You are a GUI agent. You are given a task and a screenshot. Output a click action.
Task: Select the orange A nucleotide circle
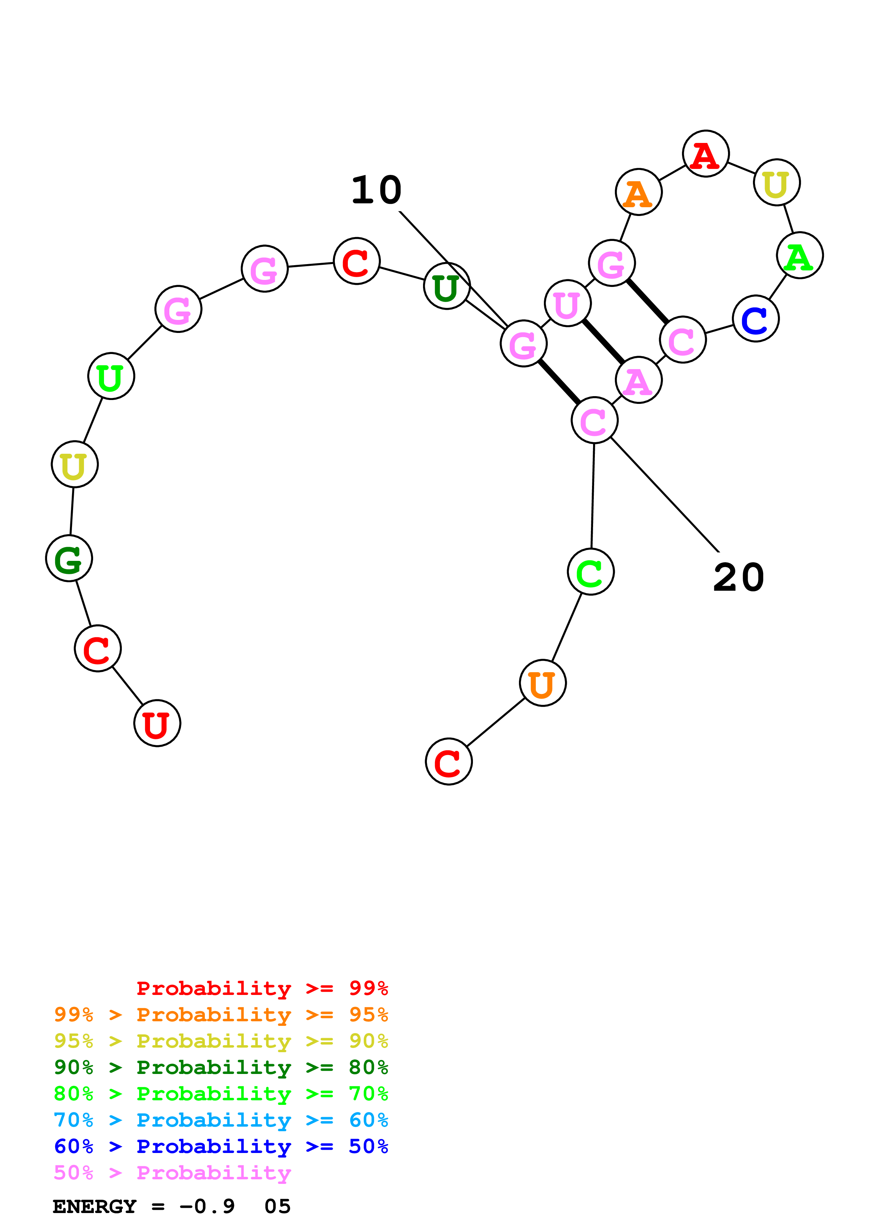tap(638, 192)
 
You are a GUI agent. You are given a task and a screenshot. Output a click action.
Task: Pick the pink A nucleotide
tap(638, 380)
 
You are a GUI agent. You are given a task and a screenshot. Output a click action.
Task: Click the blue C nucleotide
tap(755, 319)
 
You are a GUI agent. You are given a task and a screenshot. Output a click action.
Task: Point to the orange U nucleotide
tap(542, 683)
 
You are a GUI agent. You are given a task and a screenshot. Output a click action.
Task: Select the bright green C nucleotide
tap(590, 572)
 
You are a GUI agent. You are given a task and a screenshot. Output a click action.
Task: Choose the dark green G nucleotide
tap(69, 559)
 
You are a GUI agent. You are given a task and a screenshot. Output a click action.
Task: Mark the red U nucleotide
tap(157, 723)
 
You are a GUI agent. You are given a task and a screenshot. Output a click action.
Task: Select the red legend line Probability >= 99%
tap(262, 988)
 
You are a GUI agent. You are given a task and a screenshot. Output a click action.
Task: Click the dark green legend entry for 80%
tap(221, 1067)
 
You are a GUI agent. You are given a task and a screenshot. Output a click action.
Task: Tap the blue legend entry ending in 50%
tap(221, 1146)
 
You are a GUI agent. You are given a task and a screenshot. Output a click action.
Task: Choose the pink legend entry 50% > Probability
tap(172, 1172)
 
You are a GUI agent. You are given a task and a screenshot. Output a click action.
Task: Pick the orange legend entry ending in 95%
tap(221, 1015)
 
